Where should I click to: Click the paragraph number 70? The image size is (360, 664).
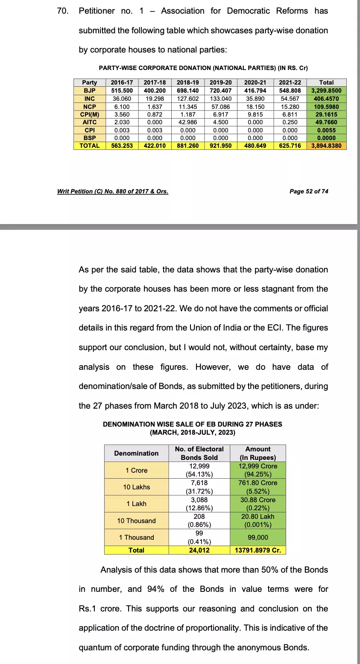pyautogui.click(x=62, y=11)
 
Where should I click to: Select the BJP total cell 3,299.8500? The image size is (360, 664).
pyautogui.click(x=326, y=91)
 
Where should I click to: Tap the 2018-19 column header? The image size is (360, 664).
pyautogui.click(x=187, y=82)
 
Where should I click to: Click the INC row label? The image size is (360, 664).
pyautogui.click(x=90, y=99)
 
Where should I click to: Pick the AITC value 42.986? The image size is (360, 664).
pyautogui.click(x=187, y=122)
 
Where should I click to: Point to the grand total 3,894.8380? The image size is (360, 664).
pyautogui.click(x=326, y=146)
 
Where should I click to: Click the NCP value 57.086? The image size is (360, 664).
pyautogui.click(x=220, y=106)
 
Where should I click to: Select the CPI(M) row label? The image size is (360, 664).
pyautogui.click(x=90, y=114)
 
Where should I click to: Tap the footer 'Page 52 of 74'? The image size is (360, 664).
pyautogui.click(x=309, y=191)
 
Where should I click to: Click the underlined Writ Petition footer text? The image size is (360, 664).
pyautogui.click(x=113, y=191)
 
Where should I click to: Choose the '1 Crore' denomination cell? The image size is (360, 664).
pyautogui.click(x=136, y=470)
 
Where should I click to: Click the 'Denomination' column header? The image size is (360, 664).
pyautogui.click(x=136, y=453)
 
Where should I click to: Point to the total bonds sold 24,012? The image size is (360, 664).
pyautogui.click(x=199, y=550)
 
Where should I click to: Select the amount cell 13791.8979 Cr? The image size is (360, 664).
pyautogui.click(x=258, y=550)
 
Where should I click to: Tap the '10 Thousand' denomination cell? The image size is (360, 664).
pyautogui.click(x=136, y=521)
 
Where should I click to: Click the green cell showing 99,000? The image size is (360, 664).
pyautogui.click(x=258, y=537)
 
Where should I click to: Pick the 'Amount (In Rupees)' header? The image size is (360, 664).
pyautogui.click(x=258, y=453)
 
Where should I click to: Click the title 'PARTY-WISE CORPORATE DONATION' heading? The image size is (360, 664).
pyautogui.click(x=203, y=68)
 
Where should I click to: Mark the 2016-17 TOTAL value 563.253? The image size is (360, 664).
pyautogui.click(x=122, y=146)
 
